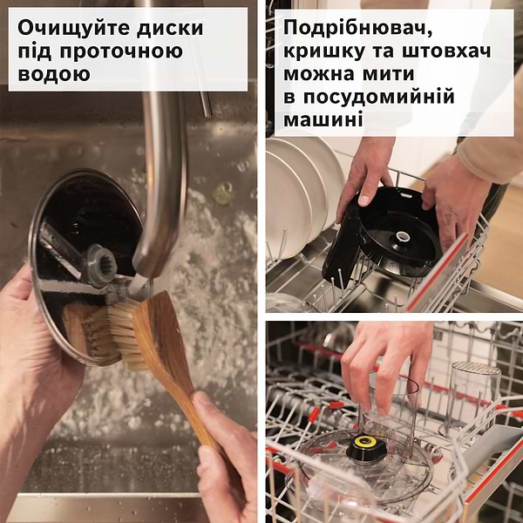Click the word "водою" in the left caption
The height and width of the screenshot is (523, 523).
54,73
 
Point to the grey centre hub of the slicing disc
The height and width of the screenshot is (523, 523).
98,261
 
